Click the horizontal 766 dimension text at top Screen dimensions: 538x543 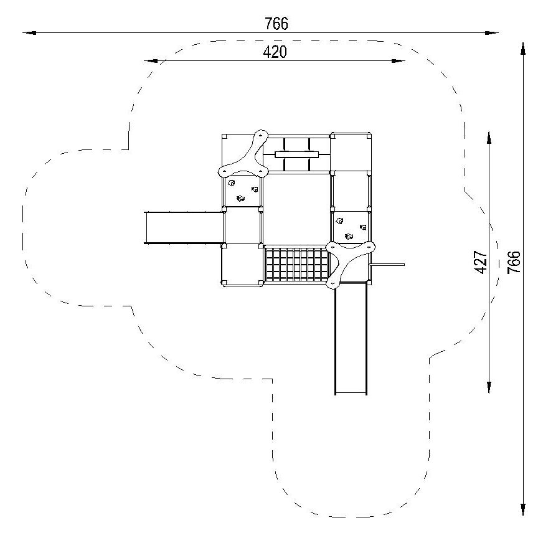point(276,24)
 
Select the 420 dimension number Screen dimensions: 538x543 point(275,52)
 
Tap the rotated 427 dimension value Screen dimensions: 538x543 point(481,262)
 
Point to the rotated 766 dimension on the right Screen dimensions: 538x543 point(514,262)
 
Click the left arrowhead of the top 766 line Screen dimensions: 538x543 point(29,33)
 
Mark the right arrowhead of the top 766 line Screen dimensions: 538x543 point(492,33)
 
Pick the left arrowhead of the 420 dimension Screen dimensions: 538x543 point(151,61)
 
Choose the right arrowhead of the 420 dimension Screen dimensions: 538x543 point(398,61)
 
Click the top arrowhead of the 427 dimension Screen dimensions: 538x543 point(489,138)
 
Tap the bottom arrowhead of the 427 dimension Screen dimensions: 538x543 point(489,387)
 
